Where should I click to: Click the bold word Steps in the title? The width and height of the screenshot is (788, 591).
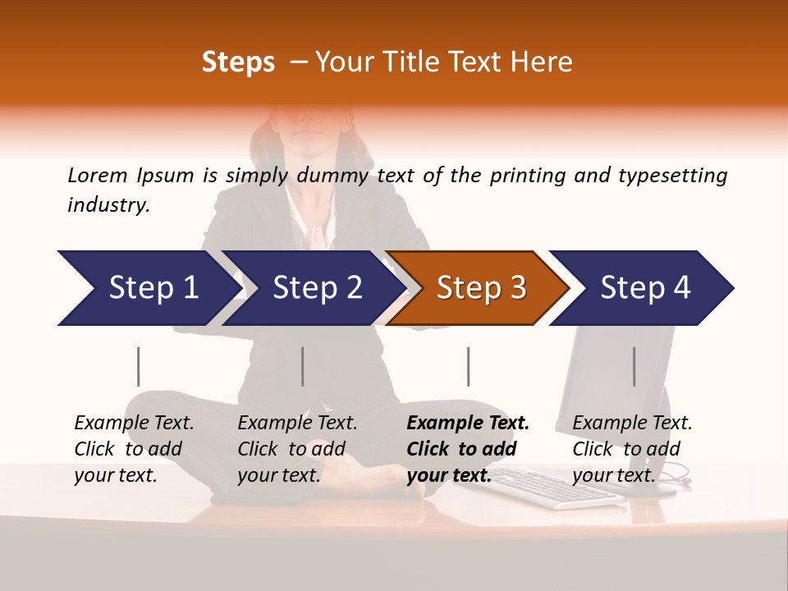pos(238,62)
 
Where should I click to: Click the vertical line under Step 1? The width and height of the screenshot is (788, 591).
pos(139,366)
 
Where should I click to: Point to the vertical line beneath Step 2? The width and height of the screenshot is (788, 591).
pos(303,366)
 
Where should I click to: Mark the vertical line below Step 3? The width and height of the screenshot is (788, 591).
pos(468,366)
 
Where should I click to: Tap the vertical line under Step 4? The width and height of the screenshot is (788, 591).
pos(634,366)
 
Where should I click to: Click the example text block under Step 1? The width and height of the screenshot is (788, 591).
pos(134,449)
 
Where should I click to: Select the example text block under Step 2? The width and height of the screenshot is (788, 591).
pos(297,449)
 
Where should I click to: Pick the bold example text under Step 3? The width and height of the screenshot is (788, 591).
pos(468,449)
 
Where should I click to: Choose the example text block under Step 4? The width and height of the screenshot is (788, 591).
pos(632,449)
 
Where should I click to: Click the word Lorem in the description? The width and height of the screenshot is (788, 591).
pos(98,176)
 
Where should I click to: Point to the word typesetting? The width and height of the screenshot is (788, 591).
pos(672,176)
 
